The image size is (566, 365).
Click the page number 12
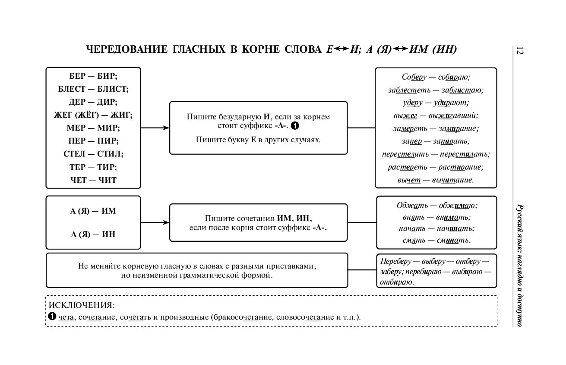click(520, 50)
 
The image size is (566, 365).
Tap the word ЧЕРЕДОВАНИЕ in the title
click(126, 49)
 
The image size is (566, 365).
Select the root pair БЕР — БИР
click(93, 76)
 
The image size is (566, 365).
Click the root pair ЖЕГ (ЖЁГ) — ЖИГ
click(93, 115)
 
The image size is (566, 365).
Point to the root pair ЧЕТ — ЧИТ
click(93, 180)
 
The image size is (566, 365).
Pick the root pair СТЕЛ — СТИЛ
click(93, 154)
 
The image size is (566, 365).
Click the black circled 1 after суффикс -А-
click(295, 126)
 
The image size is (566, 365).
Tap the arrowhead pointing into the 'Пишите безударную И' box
click(166, 128)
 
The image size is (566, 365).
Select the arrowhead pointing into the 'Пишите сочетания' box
click(166, 222)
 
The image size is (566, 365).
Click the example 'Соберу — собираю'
click(436, 77)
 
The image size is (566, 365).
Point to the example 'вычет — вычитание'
click(436, 180)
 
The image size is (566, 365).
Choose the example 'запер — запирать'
click(436, 141)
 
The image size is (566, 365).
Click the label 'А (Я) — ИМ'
click(93, 211)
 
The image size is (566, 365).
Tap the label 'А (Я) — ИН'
click(93, 234)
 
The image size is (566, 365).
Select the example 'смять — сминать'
click(436, 240)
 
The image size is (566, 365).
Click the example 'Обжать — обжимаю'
click(437, 205)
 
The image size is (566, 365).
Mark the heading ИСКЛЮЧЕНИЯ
click(82, 305)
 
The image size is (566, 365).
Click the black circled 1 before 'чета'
click(52, 316)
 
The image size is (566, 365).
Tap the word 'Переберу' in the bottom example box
click(396, 261)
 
